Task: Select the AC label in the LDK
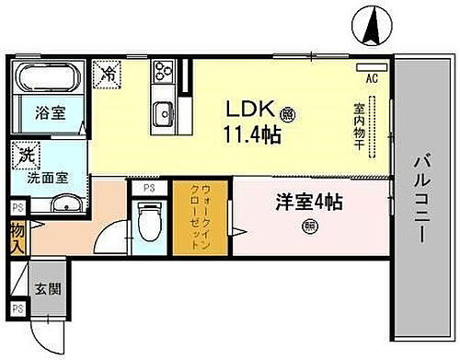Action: click(374, 78)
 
